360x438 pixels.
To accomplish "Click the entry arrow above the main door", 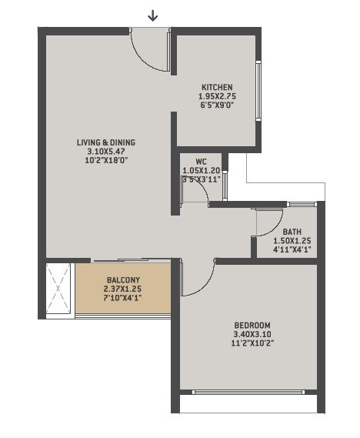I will pyautogui.click(x=153, y=15).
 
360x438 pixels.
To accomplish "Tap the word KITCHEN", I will pyautogui.click(x=217, y=87).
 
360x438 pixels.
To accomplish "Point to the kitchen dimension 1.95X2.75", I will pyautogui.click(x=217, y=96).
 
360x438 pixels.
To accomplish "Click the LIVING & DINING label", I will pyautogui.click(x=106, y=142).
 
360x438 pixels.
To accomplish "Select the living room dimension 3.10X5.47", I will pyautogui.click(x=106, y=152).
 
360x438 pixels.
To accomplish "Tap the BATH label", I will pyautogui.click(x=292, y=232).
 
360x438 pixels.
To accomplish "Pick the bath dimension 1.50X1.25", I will pyautogui.click(x=292, y=241).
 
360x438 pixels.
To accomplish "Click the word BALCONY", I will pyautogui.click(x=123, y=279).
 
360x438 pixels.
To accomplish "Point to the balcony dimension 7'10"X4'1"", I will pyautogui.click(x=123, y=298).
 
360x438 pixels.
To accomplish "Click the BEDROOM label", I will pyautogui.click(x=248, y=325).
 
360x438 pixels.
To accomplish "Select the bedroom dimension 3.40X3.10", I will pyautogui.click(x=248, y=334).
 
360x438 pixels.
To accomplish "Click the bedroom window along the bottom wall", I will pyautogui.click(x=248, y=393).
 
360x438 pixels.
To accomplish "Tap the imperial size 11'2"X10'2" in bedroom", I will pyautogui.click(x=248, y=343).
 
